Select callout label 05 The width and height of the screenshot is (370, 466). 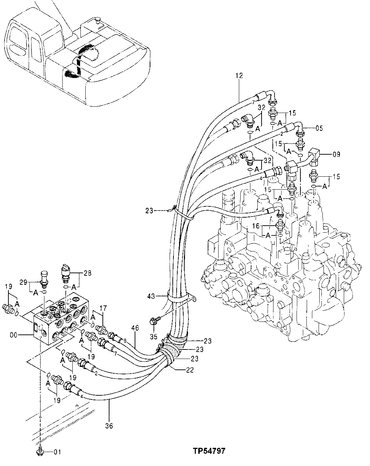[319, 128]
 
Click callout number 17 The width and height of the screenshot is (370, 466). [104, 308]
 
